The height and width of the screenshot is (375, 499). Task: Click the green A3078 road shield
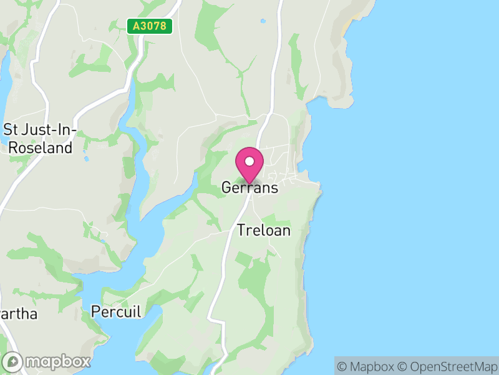(x=150, y=26)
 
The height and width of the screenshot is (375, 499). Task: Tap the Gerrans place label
(x=249, y=187)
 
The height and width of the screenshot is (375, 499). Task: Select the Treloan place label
(x=264, y=230)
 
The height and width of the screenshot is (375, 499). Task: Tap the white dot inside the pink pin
(x=249, y=162)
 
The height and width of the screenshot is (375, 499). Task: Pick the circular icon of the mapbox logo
(x=13, y=362)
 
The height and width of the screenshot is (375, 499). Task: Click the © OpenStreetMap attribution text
(x=445, y=366)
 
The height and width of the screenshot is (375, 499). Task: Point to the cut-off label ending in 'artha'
(x=18, y=314)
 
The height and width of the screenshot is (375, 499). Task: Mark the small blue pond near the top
(x=263, y=21)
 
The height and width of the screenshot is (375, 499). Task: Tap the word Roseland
(x=41, y=148)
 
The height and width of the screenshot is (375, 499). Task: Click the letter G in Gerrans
(x=227, y=187)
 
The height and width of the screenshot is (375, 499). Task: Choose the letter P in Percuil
(x=96, y=311)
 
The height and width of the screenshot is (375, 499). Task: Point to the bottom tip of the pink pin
(x=249, y=184)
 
